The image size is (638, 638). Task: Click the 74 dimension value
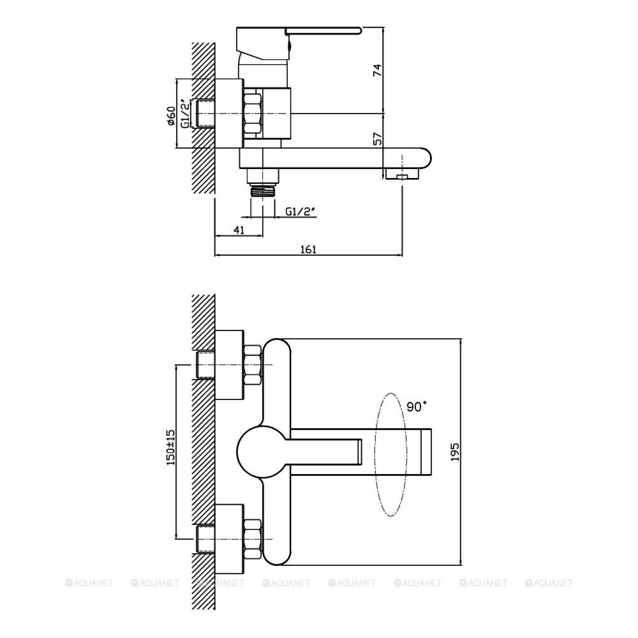pyautogui.click(x=378, y=70)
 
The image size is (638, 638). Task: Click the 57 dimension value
pyautogui.click(x=378, y=138)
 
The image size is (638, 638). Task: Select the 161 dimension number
pyautogui.click(x=308, y=249)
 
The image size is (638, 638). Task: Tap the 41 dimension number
pyautogui.click(x=239, y=230)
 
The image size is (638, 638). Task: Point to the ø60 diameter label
pyautogui.click(x=171, y=115)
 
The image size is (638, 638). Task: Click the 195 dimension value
pyautogui.click(x=454, y=452)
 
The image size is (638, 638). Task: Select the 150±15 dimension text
pyautogui.click(x=170, y=447)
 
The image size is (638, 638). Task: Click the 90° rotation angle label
pyautogui.click(x=417, y=406)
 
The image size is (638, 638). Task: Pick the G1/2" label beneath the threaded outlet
pyautogui.click(x=300, y=211)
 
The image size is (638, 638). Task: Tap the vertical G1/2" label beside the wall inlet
pyautogui.click(x=185, y=114)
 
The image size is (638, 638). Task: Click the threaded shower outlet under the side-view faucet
pyautogui.click(x=263, y=190)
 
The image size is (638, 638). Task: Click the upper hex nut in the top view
pyautogui.click(x=252, y=365)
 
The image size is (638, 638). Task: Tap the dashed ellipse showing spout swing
pyautogui.click(x=391, y=454)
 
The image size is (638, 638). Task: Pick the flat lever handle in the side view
pyautogui.click(x=323, y=30)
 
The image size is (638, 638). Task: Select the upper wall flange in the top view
pyautogui.click(x=230, y=365)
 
